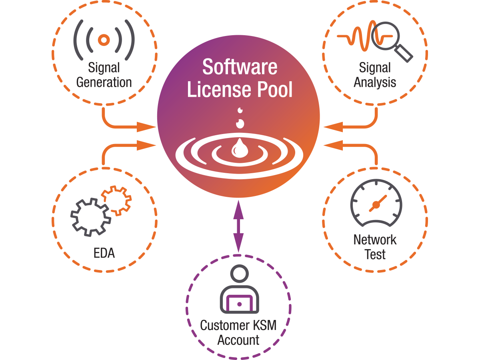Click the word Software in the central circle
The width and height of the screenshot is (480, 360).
[240, 67]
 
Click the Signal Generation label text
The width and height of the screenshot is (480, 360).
[104, 75]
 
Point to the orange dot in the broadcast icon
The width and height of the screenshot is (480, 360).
[104, 40]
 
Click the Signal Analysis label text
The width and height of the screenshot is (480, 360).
[375, 75]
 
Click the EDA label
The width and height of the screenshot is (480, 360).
[104, 253]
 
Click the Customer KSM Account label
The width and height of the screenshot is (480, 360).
[238, 332]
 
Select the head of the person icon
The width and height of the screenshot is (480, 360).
[239, 275]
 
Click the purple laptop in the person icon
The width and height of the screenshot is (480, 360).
[239, 304]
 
